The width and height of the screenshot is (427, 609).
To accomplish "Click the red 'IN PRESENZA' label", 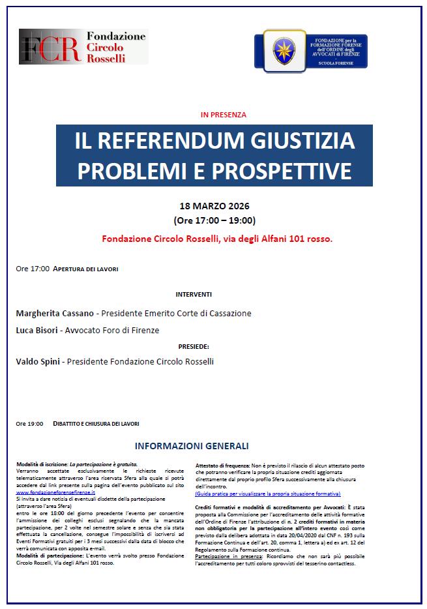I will [x=224, y=115].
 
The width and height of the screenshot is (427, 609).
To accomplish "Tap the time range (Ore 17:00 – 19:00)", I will [x=214, y=220].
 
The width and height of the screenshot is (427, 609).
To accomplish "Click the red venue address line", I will [x=217, y=239].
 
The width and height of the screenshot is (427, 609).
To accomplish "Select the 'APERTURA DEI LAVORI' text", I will [x=85, y=269].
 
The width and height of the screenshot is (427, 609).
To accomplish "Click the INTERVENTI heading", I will [x=194, y=295].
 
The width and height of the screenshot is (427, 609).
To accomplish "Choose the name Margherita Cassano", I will [x=55, y=314].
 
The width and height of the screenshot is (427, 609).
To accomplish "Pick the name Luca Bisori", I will [x=37, y=331].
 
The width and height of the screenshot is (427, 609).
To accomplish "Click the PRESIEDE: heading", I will [x=193, y=346].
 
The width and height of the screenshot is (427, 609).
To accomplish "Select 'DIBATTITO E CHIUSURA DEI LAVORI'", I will [x=96, y=424].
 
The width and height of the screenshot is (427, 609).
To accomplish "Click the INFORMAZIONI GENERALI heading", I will [x=191, y=447].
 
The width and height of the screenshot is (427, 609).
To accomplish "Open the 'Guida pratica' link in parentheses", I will [x=267, y=494].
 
